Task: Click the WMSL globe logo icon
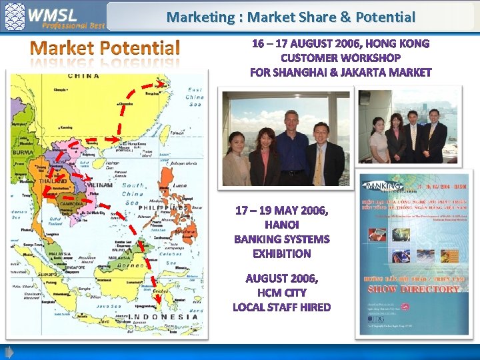click(15, 16)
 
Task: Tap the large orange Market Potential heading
click(105, 48)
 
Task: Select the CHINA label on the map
click(84, 76)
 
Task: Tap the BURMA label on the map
click(23, 152)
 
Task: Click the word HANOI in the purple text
click(282, 225)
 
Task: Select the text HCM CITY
click(282, 293)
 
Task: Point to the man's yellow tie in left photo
click(319, 164)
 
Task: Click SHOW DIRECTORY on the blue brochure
click(414, 289)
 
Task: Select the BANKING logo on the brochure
click(383, 186)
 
